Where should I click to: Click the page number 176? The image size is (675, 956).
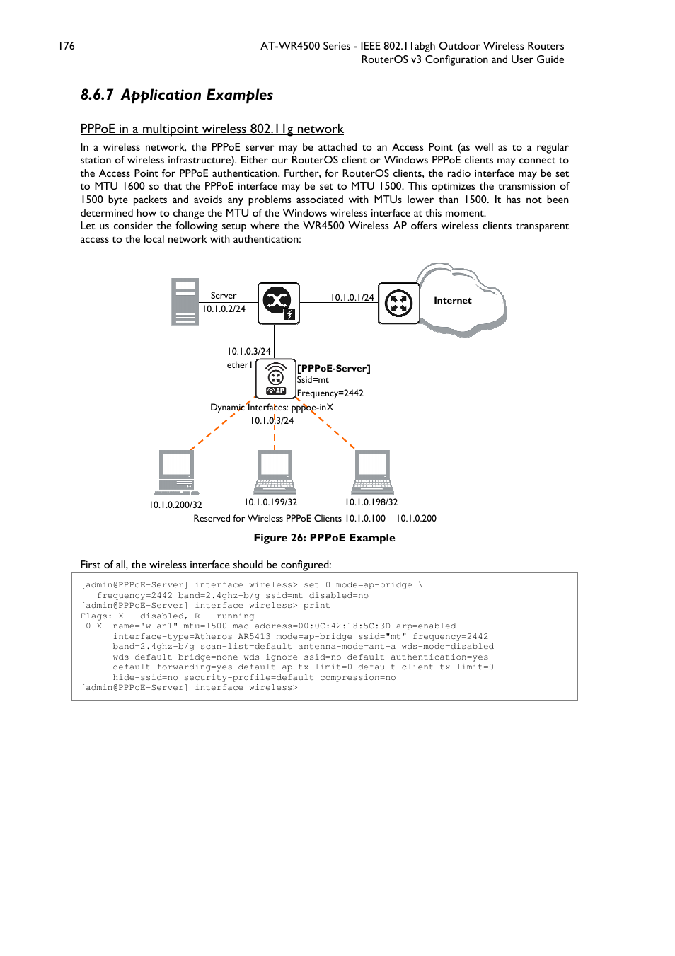tap(67, 46)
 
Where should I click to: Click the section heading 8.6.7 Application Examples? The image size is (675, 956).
tap(177, 95)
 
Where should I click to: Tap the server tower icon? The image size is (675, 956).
tap(185, 301)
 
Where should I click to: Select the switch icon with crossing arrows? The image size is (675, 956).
tap(279, 303)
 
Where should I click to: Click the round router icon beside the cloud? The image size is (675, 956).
tap(399, 303)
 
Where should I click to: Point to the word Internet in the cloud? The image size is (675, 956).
tap(452, 301)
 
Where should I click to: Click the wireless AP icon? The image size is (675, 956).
tap(276, 379)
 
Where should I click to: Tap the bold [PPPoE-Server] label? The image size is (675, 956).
tap(334, 368)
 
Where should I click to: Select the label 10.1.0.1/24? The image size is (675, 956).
tap(352, 297)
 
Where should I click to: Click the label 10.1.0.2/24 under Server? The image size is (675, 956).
tap(224, 309)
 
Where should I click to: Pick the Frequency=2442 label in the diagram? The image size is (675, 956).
tap(330, 393)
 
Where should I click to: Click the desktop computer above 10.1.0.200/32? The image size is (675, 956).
tap(177, 473)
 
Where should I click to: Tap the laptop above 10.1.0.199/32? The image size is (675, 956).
tap(275, 473)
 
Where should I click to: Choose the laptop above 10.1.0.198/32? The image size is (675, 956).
tap(372, 473)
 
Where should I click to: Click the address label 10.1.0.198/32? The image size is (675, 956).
tap(371, 502)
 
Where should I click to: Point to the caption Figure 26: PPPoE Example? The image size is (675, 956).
tap(324, 538)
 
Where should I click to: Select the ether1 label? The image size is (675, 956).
tap(240, 365)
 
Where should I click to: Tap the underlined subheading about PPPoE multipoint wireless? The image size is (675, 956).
tap(212, 129)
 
